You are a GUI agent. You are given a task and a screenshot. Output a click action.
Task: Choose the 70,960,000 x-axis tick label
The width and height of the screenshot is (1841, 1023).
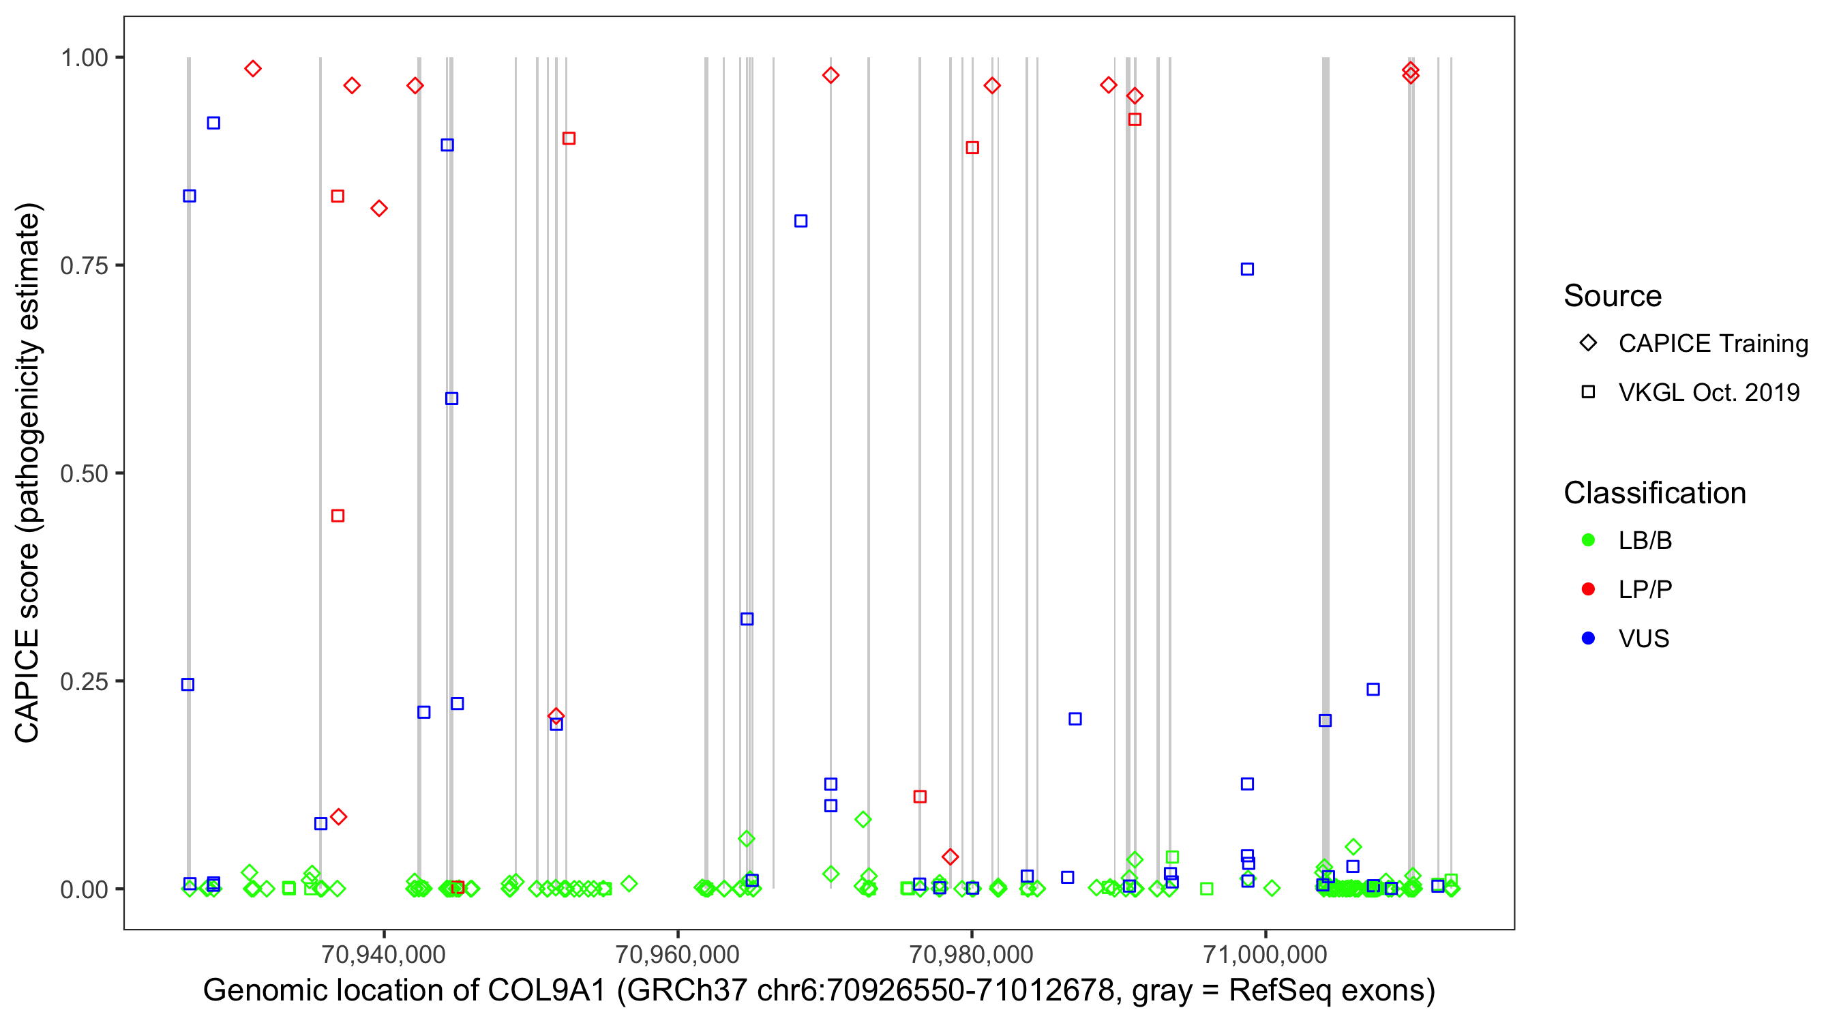[677, 953]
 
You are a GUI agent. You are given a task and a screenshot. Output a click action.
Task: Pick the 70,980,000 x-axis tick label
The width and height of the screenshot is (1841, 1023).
[970, 953]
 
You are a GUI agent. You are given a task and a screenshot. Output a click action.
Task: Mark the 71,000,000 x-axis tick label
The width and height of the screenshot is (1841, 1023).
[1265, 953]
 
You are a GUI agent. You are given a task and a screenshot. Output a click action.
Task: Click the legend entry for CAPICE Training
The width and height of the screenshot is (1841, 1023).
[1712, 344]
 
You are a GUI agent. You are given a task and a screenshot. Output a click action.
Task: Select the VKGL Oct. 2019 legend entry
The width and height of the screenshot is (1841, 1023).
[1708, 392]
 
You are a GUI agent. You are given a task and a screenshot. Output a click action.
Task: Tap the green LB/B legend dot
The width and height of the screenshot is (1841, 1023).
[1588, 540]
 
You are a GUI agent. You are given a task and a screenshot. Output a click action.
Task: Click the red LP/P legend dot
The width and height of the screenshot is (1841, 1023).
[1588, 589]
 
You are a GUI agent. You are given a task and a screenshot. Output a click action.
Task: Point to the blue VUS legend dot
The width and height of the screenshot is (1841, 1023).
[1588, 638]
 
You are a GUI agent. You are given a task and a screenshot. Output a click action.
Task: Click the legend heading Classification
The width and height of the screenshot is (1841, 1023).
[1653, 493]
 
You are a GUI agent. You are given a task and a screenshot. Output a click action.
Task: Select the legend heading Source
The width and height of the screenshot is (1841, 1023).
[1613, 296]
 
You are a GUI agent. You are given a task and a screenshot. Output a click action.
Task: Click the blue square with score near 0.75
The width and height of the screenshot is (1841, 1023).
[1247, 269]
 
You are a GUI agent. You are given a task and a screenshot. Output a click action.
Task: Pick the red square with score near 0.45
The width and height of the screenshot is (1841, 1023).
[338, 516]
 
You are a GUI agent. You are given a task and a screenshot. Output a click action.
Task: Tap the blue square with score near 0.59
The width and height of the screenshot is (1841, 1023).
[451, 399]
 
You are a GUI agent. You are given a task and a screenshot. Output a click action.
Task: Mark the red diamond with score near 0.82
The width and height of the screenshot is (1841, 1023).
[380, 209]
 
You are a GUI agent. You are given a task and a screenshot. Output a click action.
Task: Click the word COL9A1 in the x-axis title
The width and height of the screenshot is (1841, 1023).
[547, 991]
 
